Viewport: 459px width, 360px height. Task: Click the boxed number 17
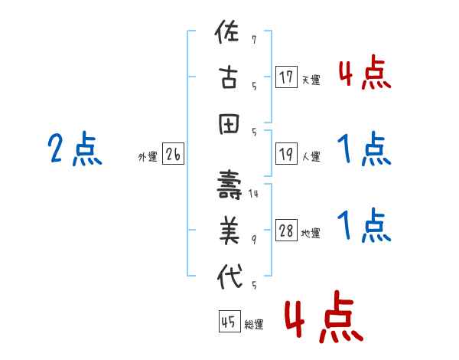click(286, 77)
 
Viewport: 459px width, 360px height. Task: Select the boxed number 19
click(286, 153)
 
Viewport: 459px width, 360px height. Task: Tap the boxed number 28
click(286, 231)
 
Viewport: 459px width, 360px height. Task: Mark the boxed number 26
click(173, 155)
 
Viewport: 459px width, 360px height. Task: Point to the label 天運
click(311, 80)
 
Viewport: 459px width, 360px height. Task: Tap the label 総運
click(253, 325)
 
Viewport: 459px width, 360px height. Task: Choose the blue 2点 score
click(74, 149)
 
